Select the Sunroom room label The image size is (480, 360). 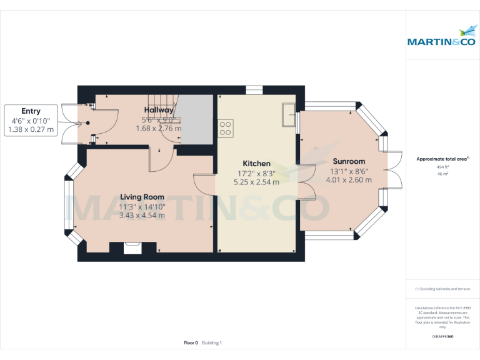(349, 161)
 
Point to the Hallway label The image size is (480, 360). (158, 110)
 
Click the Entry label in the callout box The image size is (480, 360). (31, 111)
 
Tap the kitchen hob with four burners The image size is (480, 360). (225, 127)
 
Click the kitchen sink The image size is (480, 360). (288, 114)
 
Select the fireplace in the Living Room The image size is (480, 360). (132, 247)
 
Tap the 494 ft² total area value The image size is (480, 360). (442, 167)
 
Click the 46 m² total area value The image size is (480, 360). (442, 174)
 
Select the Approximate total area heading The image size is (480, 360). (442, 159)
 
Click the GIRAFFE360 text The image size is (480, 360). (442, 336)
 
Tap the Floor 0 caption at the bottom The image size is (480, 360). (191, 342)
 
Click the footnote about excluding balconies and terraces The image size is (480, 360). (442, 289)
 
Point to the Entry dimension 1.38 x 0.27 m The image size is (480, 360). (31, 130)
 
